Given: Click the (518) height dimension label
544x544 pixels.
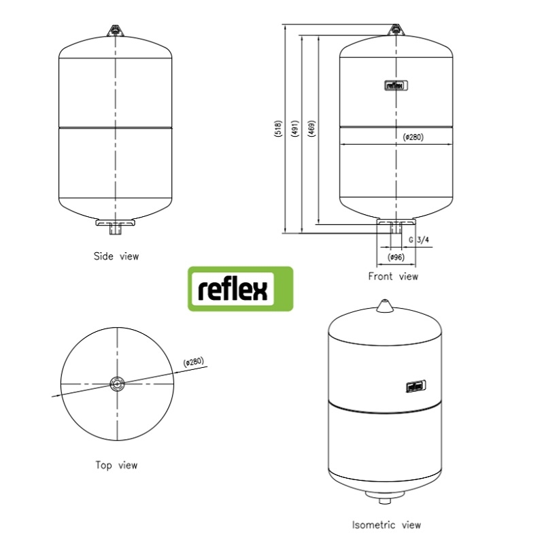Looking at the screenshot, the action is pos(278,129).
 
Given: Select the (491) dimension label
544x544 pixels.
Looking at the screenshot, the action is pos(295,129).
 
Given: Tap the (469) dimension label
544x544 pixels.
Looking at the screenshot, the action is pos(312,129).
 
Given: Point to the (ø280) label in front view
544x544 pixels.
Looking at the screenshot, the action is pos(413,137).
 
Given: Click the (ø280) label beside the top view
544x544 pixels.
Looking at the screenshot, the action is pos(194,362).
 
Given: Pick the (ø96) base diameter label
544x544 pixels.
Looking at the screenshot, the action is pos(396,258).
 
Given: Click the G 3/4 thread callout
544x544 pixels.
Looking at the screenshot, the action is pos(419,240).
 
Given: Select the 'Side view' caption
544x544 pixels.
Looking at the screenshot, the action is pos(116,256).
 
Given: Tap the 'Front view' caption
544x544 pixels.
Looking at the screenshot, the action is pos(393,277).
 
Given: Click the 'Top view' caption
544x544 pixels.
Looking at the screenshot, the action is pos(116,465).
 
